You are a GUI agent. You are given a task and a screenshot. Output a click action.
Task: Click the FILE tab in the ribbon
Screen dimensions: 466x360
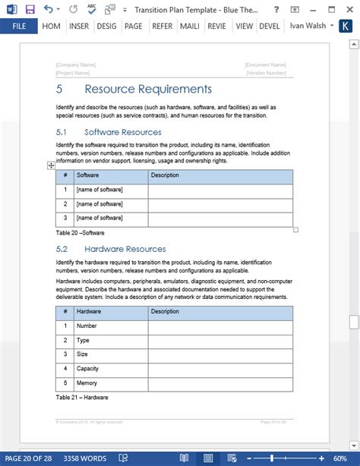[x=17, y=26]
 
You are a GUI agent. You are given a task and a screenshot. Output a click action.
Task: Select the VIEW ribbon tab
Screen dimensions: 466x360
[x=244, y=26]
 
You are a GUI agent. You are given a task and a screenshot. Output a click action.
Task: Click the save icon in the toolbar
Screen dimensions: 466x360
[x=30, y=9]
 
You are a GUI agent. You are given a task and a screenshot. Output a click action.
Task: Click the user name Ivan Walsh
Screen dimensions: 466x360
[x=308, y=26]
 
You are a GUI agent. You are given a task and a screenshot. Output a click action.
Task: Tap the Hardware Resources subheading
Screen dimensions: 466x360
[x=125, y=249]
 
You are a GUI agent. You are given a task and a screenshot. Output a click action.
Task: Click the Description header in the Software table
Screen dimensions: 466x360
[x=165, y=175]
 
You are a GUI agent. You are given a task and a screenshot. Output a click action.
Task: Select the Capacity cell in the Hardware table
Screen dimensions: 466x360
[x=89, y=369]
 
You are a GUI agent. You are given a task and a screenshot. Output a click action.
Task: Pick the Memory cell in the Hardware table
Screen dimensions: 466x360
[x=87, y=383]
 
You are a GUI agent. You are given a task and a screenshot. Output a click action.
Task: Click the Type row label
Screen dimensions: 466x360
[x=84, y=340]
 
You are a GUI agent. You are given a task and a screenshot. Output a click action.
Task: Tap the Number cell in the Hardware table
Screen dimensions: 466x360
[x=87, y=326]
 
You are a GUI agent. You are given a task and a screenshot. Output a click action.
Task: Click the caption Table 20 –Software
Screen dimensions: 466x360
[x=80, y=233]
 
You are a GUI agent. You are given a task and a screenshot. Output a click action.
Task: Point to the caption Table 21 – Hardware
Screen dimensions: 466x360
[x=81, y=398]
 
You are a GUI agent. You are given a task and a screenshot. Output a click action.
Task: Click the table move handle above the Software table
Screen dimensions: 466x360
[x=51, y=165]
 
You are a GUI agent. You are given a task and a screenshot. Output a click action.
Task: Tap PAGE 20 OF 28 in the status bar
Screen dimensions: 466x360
[x=28, y=458]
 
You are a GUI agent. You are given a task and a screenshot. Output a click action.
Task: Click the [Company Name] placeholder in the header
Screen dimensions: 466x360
[x=75, y=65]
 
